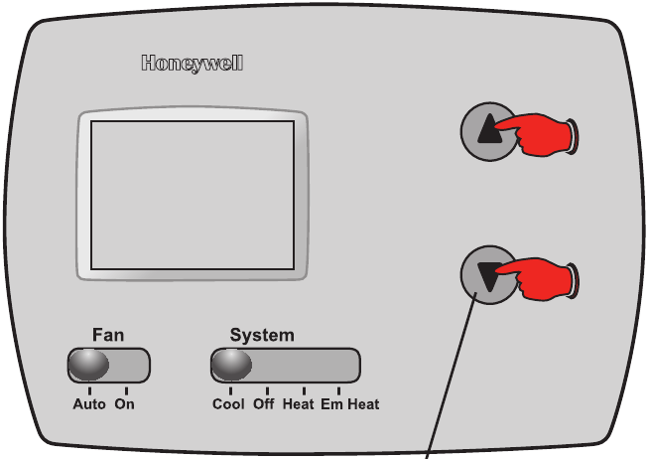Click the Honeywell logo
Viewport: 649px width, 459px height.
tap(193, 65)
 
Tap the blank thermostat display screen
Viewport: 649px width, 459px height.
tap(192, 195)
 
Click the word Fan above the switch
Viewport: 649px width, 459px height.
tap(108, 335)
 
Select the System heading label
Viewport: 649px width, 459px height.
tap(262, 335)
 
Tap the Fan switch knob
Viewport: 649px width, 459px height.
tap(87, 365)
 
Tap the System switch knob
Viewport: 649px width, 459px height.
tap(231, 365)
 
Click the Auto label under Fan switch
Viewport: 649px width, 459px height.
tap(89, 404)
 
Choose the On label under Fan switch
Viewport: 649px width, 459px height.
tap(124, 404)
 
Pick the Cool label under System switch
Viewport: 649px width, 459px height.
tap(229, 404)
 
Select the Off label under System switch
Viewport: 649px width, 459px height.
tap(264, 404)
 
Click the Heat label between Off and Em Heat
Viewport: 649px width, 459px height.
tap(299, 404)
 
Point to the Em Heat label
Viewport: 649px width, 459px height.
tap(349, 404)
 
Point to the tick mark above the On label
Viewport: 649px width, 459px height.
tap(126, 390)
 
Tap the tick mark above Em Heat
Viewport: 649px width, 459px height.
tap(338, 390)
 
